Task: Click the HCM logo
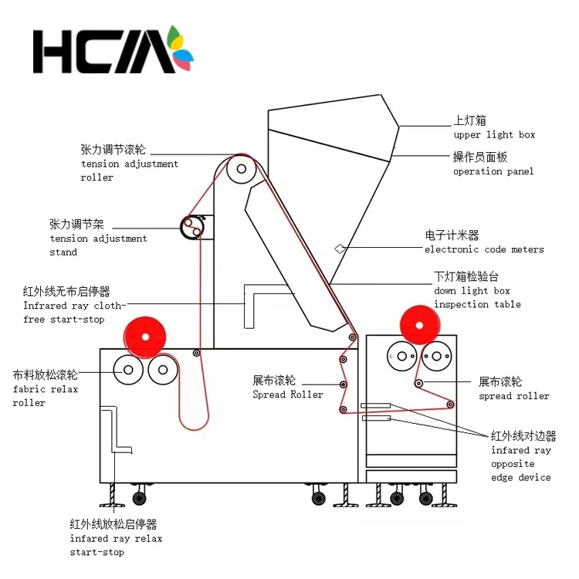(112, 50)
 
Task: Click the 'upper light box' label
(493, 135)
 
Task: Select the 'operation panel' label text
(493, 171)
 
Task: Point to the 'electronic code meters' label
(484, 249)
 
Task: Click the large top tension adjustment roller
(242, 169)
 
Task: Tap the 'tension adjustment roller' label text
(129, 163)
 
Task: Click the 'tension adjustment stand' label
(98, 238)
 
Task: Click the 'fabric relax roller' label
(45, 388)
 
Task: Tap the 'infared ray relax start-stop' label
(115, 538)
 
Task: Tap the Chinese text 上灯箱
(469, 121)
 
